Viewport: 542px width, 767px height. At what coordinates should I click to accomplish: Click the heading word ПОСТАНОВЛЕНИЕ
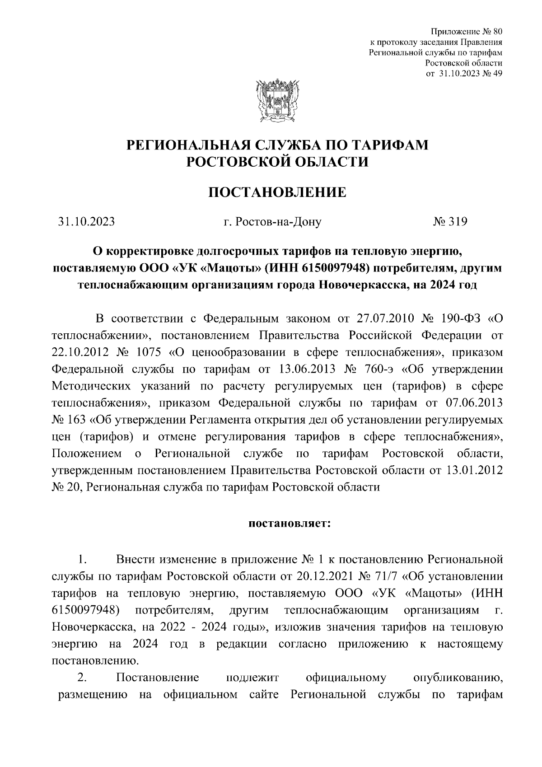tap(277, 192)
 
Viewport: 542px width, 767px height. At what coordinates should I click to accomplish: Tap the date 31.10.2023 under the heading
tap(86, 222)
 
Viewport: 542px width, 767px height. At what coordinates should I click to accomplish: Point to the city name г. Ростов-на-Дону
tap(273, 222)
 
